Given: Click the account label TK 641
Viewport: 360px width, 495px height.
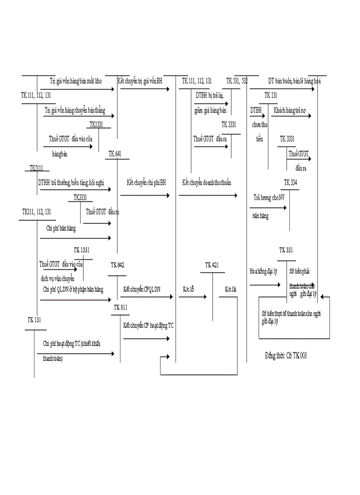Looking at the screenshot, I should point(115,154).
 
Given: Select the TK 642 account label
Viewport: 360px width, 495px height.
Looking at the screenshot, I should point(118,265).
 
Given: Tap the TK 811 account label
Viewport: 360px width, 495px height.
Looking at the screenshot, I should point(120,307).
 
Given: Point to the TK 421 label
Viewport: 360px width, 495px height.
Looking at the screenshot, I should point(212,265).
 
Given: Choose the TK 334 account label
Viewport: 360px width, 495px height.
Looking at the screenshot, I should point(290,182).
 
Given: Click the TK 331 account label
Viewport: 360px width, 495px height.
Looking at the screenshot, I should point(286,250).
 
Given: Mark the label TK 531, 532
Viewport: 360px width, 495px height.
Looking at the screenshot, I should point(237,81).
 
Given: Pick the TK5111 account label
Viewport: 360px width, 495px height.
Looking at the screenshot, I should point(37,168).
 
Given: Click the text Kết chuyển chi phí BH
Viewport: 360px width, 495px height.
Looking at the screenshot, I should point(146,182).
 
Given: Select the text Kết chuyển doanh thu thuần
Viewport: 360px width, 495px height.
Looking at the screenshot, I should point(207,182).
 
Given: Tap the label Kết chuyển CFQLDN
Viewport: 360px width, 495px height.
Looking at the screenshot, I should point(142,289).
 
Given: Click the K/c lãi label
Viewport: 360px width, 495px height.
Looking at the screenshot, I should point(231,289).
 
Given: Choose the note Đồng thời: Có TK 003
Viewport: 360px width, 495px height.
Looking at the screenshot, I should point(286,356).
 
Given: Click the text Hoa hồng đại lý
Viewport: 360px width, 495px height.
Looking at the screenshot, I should point(263,271).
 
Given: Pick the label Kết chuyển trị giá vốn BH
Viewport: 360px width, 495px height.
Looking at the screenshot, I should point(140,81).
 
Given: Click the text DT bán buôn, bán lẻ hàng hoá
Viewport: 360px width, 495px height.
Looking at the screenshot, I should point(295,81).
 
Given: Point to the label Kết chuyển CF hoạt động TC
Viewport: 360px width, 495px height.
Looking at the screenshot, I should point(149,325).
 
